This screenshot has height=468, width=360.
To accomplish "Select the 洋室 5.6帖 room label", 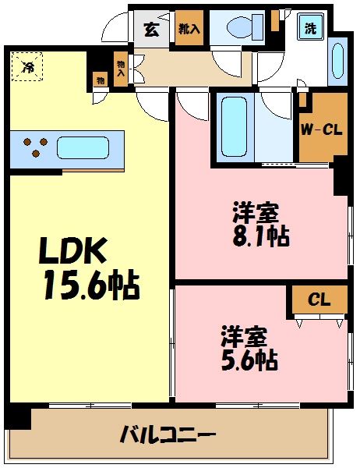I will (249, 349).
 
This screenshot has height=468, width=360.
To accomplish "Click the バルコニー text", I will (168, 434).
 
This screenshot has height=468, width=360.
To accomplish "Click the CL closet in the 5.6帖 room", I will (317, 299).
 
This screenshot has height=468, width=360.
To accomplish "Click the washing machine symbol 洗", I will (311, 29).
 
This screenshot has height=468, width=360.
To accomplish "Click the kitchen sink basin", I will (82, 147).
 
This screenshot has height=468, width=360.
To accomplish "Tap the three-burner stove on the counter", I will (33, 147).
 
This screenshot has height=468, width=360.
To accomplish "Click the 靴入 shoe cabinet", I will (187, 30).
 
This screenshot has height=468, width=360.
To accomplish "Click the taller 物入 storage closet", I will (121, 69).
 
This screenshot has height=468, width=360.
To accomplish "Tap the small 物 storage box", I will (101, 79).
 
